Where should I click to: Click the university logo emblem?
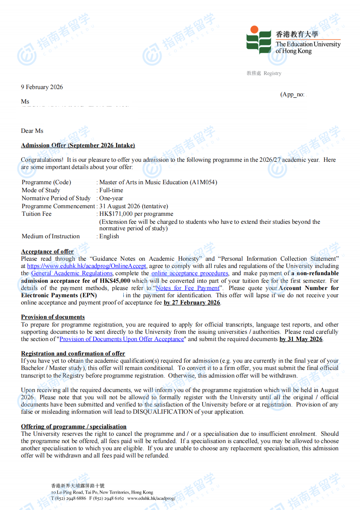click(x=259, y=40)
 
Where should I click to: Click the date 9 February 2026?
click(x=42, y=87)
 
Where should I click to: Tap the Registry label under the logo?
click(x=272, y=73)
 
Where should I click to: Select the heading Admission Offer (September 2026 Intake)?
click(x=78, y=145)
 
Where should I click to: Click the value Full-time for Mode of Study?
click(x=111, y=190)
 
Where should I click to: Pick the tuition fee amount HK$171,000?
click(x=116, y=214)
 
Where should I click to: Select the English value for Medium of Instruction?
click(x=109, y=236)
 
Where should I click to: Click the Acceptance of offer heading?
click(x=47, y=252)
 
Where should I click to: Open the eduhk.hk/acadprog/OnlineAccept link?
click(x=86, y=266)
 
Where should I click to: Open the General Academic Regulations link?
click(x=72, y=273)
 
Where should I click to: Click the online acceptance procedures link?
click(x=190, y=273)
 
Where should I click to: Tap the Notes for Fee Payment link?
click(x=188, y=288)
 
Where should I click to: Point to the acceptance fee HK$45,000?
click(x=115, y=281)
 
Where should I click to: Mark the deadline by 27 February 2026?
click(x=192, y=303)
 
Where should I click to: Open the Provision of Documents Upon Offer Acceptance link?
click(x=122, y=339)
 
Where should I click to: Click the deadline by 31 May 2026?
click(x=301, y=339)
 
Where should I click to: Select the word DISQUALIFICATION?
click(x=163, y=412)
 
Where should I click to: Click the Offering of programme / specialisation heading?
click(x=73, y=427)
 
